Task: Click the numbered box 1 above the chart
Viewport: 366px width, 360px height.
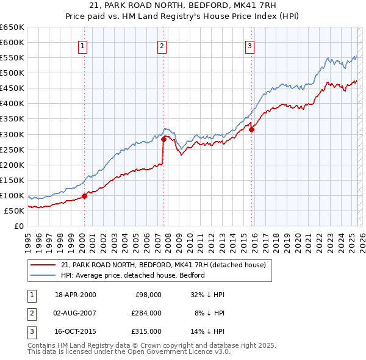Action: (82, 45)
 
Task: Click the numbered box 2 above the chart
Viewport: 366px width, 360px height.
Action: (162, 45)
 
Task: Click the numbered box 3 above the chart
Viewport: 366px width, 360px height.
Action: (250, 45)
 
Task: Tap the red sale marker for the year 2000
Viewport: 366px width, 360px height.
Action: (85, 196)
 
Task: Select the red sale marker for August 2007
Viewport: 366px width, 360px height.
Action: (164, 139)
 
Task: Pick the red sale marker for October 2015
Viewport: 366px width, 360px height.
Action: (251, 129)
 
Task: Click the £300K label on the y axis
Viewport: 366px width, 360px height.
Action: (12, 134)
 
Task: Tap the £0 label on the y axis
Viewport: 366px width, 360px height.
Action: (20, 226)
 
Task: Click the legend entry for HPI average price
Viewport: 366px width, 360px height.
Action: (132, 275)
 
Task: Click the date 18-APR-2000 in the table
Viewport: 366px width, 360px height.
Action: (76, 295)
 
